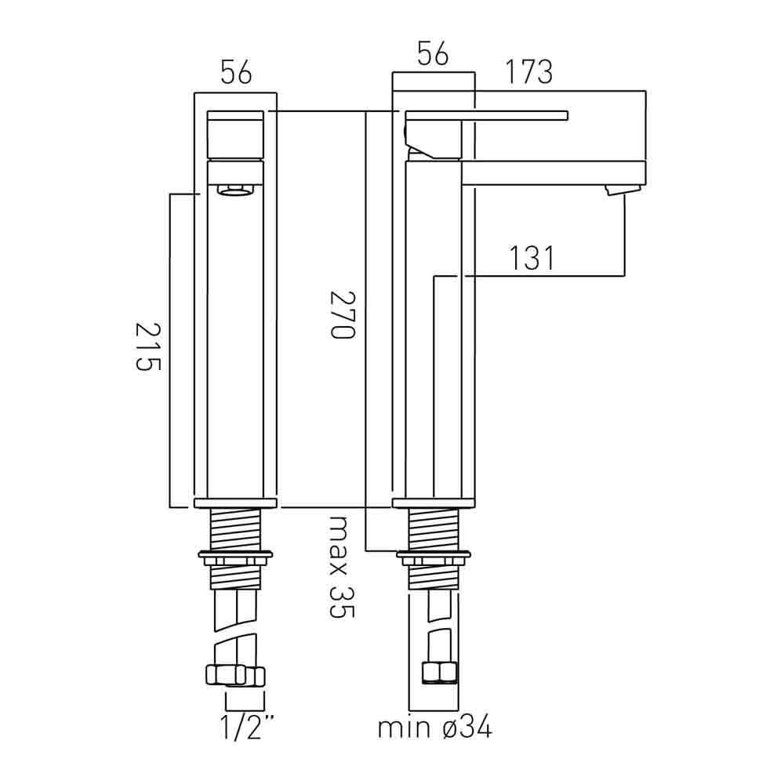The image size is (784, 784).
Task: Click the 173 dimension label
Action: coord(528,72)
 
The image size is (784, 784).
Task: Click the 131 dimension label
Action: coord(532,259)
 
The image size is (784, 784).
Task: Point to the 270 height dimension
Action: coord(343,314)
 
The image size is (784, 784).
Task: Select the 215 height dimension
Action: coord(148,347)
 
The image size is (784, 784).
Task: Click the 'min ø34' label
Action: coord(434,728)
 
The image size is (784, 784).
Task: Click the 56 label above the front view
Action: coord(236,73)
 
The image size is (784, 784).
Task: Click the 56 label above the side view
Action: coord(432,55)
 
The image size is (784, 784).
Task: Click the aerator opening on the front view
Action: coord(235,190)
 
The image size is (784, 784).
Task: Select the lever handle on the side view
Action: coord(486,117)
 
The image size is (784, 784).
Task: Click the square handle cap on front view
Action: coord(235,135)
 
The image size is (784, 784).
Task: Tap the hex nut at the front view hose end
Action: coord(234,675)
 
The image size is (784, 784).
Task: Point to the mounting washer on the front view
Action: coord(235,557)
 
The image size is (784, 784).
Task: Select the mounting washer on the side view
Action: coord(434,557)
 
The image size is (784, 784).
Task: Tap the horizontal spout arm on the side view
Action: coord(553,172)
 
